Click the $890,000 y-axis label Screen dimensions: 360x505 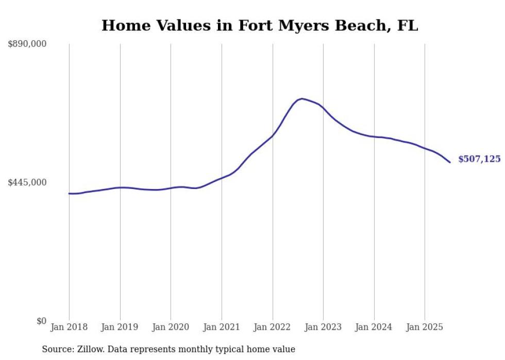point(27,44)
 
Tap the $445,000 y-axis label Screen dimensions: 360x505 point(27,182)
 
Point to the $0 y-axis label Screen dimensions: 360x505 point(41,321)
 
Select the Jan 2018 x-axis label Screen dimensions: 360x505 point(69,327)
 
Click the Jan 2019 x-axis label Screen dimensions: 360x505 point(120,327)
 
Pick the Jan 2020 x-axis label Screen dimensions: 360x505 point(171,327)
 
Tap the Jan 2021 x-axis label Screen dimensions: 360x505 point(222,327)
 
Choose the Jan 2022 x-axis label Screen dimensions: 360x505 point(273,327)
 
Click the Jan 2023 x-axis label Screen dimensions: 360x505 point(323,327)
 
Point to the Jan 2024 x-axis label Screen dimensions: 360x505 point(374,327)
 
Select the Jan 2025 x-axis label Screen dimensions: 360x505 point(425,327)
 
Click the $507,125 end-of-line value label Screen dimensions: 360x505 point(479,159)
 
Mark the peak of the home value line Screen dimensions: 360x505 point(302,98)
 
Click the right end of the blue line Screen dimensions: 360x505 point(450,162)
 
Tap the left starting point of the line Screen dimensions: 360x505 point(69,194)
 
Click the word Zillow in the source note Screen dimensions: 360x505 point(88,349)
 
